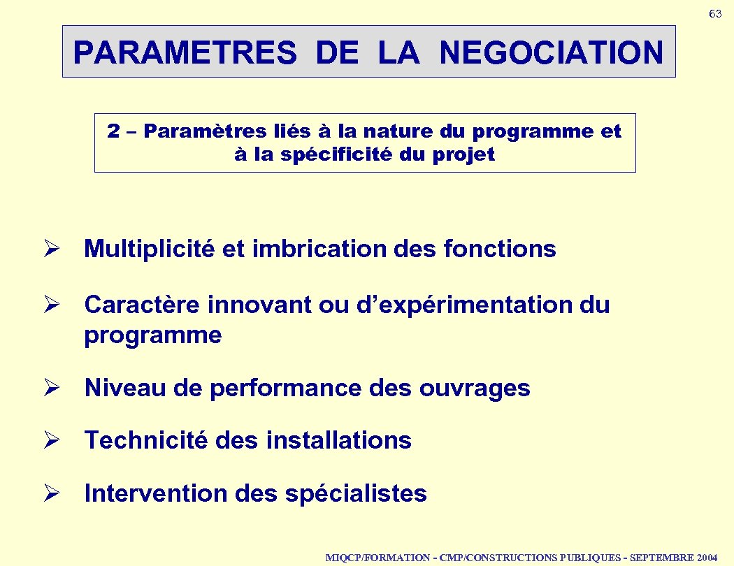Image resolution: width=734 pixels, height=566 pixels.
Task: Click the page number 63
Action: pos(715,14)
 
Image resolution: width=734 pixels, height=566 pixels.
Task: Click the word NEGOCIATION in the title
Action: pos(552,52)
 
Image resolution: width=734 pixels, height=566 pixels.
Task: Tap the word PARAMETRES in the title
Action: pos(185,52)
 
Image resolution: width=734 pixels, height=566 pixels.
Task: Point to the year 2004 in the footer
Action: pos(707,558)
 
